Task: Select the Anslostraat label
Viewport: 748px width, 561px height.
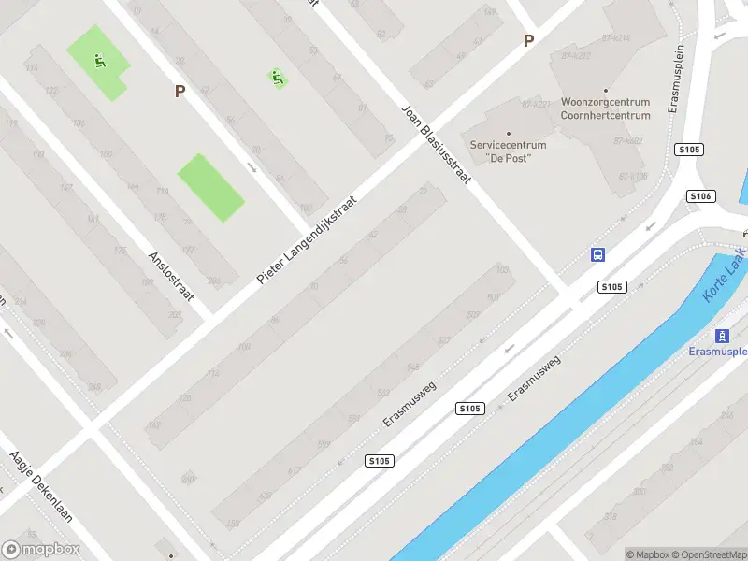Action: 170,275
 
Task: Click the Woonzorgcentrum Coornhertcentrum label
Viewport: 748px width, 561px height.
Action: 605,108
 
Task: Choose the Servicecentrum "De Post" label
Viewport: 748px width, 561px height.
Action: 508,151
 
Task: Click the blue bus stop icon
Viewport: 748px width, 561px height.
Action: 598,254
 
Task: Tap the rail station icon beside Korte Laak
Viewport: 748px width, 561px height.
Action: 722,336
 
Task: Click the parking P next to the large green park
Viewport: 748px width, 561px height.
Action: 180,91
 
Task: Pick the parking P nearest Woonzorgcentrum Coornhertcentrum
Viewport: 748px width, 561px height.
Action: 528,40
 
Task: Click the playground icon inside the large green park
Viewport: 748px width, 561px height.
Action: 98,63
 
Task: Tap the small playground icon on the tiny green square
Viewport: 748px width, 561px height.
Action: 277,78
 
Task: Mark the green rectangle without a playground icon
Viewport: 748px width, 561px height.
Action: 211,188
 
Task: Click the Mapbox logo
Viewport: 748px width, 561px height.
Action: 41,550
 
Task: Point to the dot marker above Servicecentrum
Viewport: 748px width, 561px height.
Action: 509,133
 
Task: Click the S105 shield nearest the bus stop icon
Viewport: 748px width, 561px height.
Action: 612,287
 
